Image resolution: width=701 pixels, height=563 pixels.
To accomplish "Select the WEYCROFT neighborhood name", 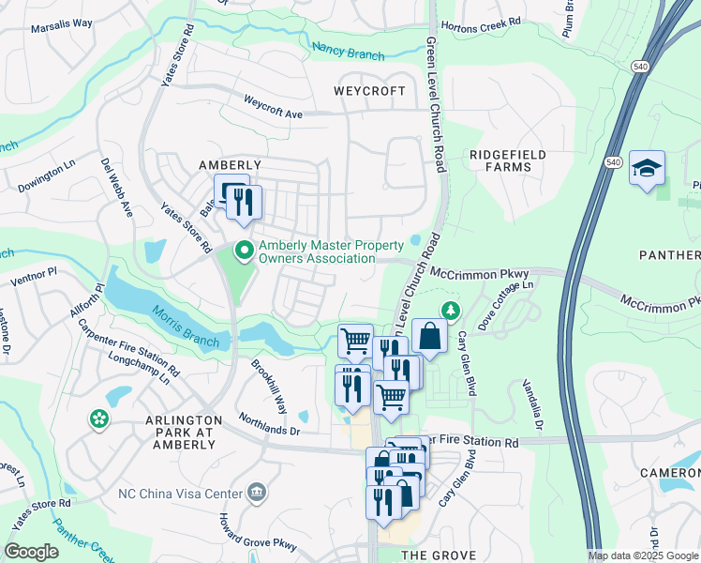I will pyautogui.click(x=370, y=91).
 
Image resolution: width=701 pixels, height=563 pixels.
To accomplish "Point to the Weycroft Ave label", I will pyautogui.click(x=273, y=106).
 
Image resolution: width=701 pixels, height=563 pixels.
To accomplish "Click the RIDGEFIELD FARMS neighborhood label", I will pyautogui.click(x=507, y=160).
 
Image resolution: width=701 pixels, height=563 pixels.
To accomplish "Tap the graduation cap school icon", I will pyautogui.click(x=647, y=168).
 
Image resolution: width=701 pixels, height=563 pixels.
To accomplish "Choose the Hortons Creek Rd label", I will pyautogui.click(x=480, y=23).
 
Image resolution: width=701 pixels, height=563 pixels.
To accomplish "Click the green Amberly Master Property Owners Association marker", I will pyautogui.click(x=244, y=251).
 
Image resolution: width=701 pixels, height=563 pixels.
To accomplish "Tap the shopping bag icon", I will pyautogui.click(x=429, y=336).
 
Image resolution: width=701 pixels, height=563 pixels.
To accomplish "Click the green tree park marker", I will pyautogui.click(x=452, y=310).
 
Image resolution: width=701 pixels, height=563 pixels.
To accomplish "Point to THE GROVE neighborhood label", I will pyautogui.click(x=439, y=555).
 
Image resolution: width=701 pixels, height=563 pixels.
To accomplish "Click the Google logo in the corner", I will pyautogui.click(x=31, y=552).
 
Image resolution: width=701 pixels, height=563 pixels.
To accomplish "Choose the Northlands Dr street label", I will pyautogui.click(x=268, y=425).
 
